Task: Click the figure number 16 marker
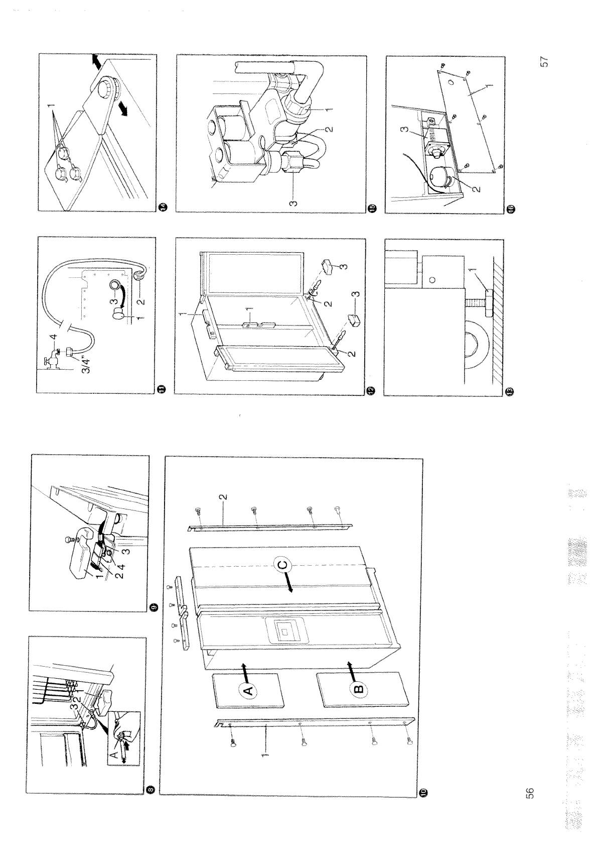[510, 208]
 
